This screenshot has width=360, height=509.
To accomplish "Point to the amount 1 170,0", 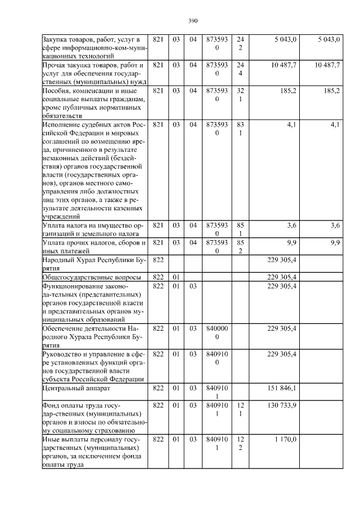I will (286, 439).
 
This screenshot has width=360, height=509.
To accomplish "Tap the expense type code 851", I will (240, 229).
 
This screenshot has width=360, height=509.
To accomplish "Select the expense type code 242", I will (240, 43).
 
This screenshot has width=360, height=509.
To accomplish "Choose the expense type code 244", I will (240, 69).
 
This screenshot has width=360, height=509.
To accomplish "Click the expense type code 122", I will (240, 443).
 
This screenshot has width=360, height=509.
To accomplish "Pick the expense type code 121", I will (240, 409).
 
